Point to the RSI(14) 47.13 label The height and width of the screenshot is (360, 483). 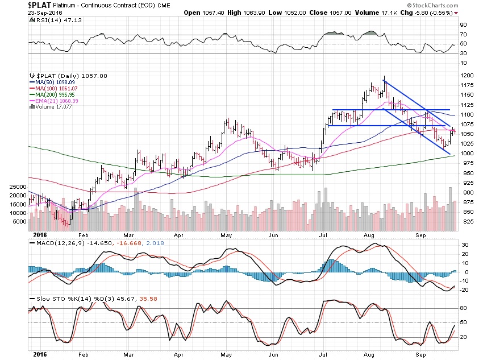[x=52, y=19]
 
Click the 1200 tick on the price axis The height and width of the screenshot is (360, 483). [x=467, y=76]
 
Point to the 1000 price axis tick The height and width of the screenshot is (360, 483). [x=467, y=154]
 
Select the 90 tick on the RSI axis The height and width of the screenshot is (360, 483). [x=464, y=24]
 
